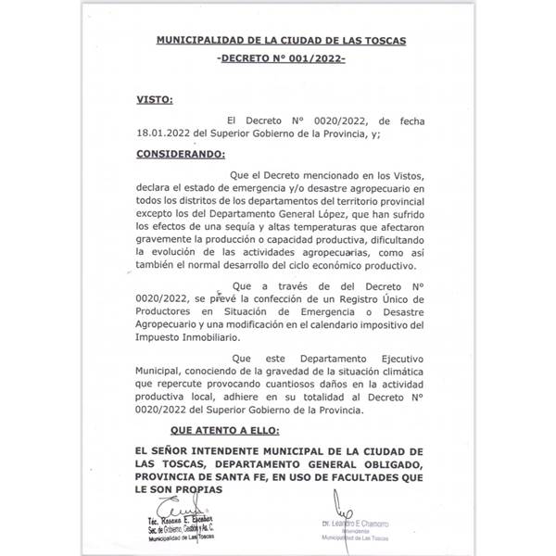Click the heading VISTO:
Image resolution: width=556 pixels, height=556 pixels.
point(155,98)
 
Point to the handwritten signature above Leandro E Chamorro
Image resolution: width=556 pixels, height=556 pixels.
point(347,511)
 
